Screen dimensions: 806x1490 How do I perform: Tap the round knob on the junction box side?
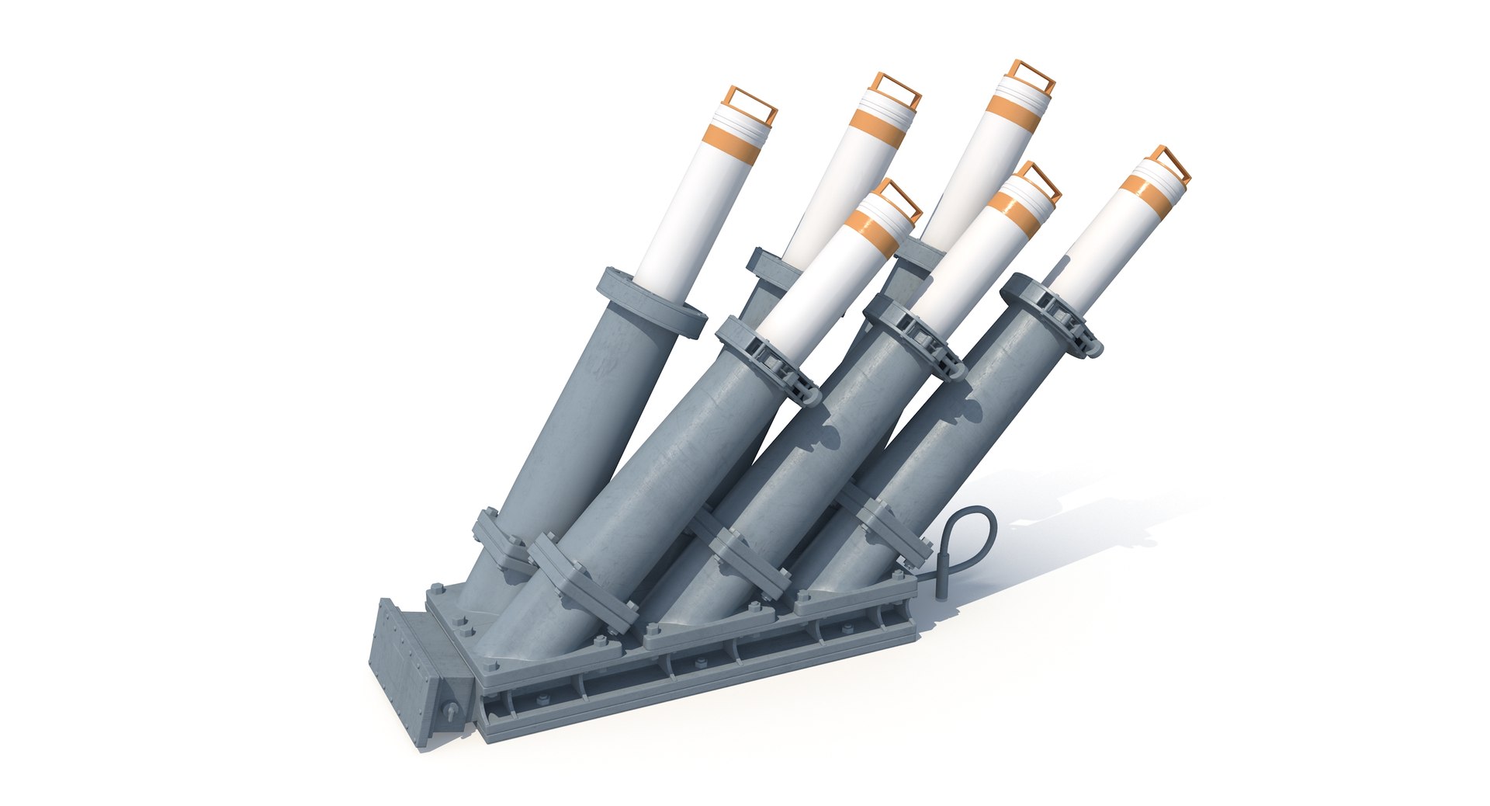pyautogui.click(x=450, y=711)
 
